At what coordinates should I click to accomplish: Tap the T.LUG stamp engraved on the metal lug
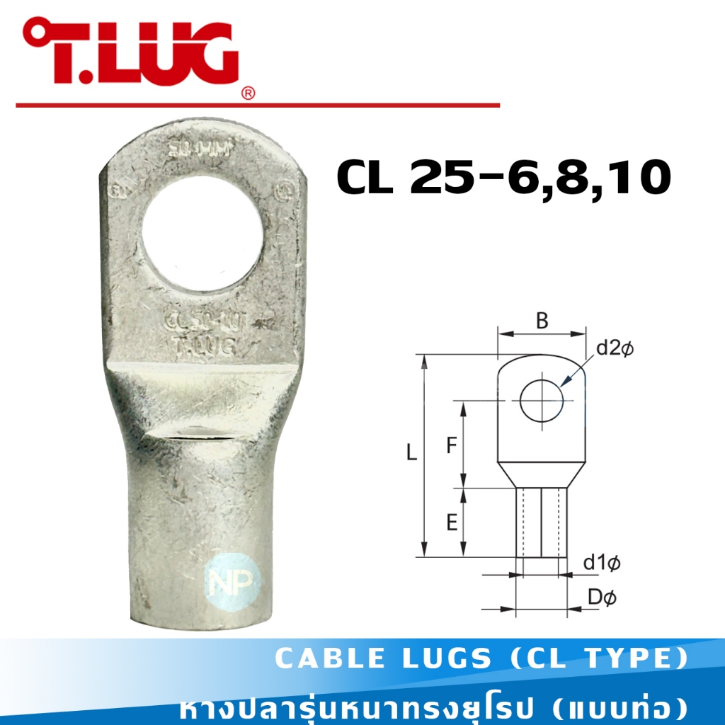click(x=204, y=345)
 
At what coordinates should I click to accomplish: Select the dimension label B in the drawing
click(x=542, y=321)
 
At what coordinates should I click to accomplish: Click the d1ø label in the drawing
click(x=602, y=564)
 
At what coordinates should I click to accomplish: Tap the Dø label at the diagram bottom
click(x=602, y=598)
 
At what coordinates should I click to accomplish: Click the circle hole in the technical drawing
click(x=542, y=401)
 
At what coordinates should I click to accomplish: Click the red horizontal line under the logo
click(x=258, y=105)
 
